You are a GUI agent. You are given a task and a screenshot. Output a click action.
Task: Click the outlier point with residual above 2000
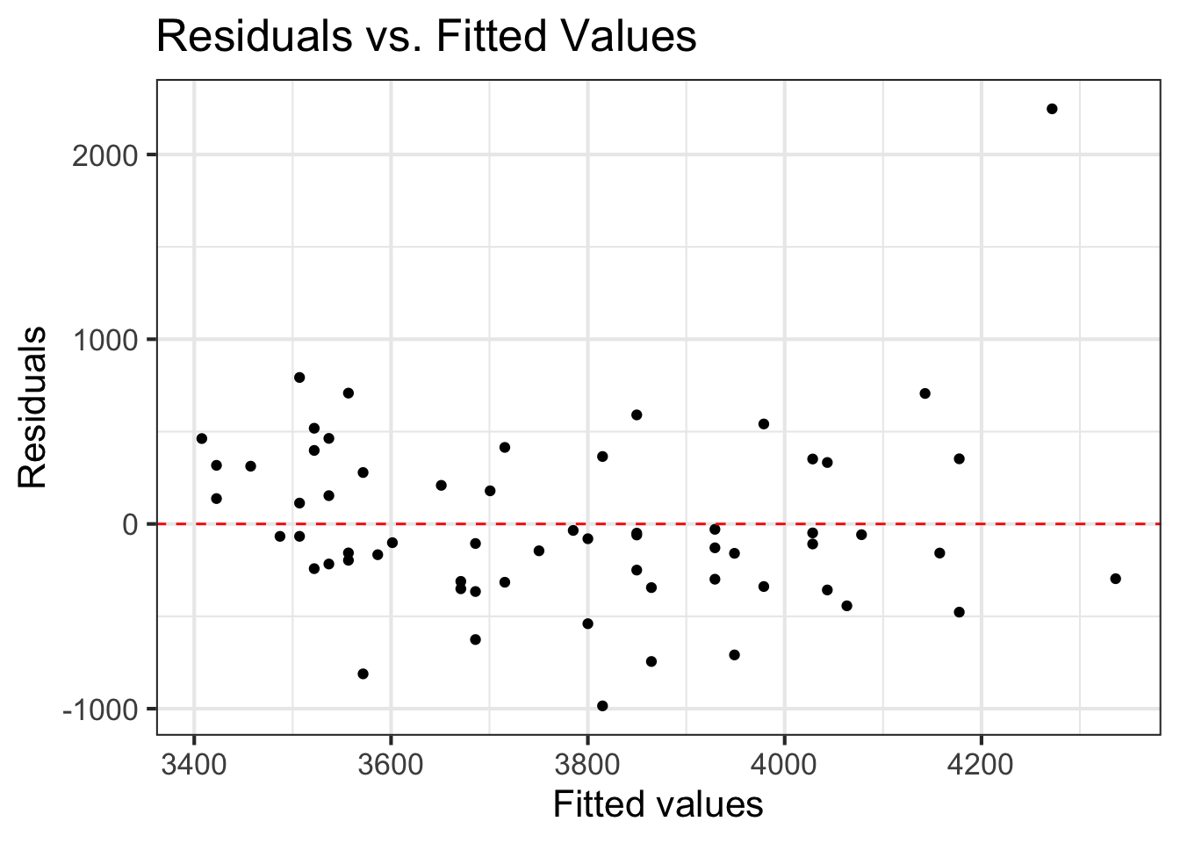coord(1052,109)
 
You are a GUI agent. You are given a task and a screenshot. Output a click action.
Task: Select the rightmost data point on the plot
coord(1115,579)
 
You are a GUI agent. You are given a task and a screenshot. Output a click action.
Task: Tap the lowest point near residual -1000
coord(602,706)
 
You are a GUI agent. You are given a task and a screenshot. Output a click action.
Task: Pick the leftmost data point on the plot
coord(202,438)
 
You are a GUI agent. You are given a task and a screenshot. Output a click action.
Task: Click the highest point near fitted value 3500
coord(299,378)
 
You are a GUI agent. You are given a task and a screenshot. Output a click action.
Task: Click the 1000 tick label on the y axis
coord(106,340)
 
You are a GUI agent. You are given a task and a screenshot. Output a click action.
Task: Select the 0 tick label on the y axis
coord(131,524)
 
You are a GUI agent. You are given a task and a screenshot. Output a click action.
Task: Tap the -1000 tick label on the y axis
coord(101,710)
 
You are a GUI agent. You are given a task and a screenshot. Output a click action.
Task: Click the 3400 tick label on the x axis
coord(194,764)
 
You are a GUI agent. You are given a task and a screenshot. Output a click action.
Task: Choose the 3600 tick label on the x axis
coord(391,764)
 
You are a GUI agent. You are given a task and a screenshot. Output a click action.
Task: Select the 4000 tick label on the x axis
coord(784,764)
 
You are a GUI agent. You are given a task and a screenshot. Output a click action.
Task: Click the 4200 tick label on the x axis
coord(981,764)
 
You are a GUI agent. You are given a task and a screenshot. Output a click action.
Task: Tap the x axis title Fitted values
coord(658,804)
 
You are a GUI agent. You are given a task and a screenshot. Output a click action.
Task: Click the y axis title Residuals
coord(32,407)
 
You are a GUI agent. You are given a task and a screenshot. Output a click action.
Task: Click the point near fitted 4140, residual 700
coord(925,393)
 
